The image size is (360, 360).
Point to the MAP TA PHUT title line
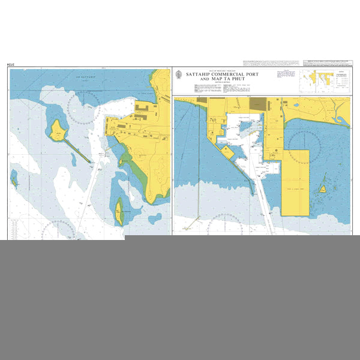tap(227, 79)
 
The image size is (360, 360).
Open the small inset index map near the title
tap(316, 80)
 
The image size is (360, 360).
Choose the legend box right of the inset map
tap(343, 80)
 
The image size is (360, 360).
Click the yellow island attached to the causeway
tap(58, 130)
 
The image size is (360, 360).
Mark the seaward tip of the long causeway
tap(90, 161)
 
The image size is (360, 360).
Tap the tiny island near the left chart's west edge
tap(13, 178)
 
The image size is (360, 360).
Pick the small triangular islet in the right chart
tap(323, 188)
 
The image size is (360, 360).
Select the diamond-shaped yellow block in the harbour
tap(228, 152)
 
